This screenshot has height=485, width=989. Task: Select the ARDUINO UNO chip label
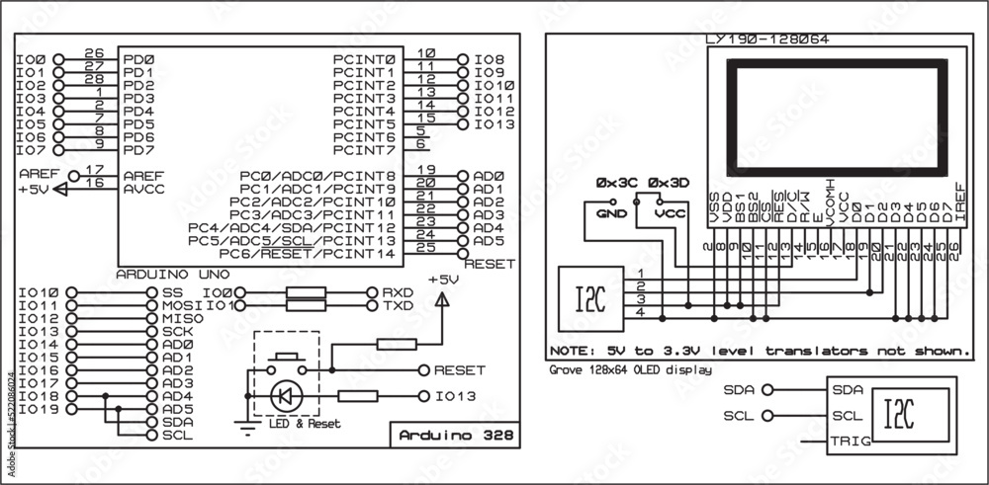(167, 273)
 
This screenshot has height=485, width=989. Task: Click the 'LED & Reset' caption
(304, 424)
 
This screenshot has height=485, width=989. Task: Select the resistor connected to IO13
(358, 396)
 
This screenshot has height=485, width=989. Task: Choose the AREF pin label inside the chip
(143, 175)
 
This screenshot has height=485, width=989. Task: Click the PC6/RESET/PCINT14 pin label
(308, 253)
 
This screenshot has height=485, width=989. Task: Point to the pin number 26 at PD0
(95, 53)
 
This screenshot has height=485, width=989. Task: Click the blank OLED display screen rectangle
(836, 115)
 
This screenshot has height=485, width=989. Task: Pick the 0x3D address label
(669, 184)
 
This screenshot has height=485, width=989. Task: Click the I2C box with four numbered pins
(590, 297)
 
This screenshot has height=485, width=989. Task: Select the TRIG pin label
(850, 442)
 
